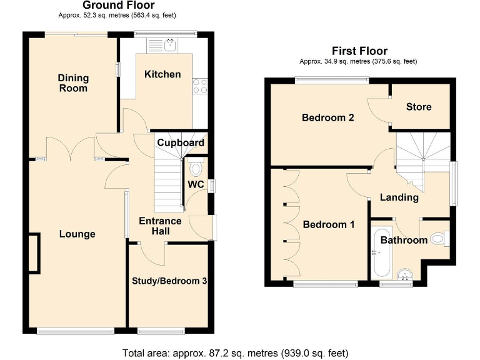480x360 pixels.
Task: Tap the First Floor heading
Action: pos(359,51)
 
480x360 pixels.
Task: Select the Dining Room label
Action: pos(73,83)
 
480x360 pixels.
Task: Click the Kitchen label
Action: pos(162,74)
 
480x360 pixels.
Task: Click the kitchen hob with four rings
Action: pos(201,86)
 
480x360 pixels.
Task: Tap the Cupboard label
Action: pos(180,142)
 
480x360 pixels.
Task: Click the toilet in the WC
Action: pos(196,167)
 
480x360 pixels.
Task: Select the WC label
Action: pos(197,184)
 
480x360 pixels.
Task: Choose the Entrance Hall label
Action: pos(160,226)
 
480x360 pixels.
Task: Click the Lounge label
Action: pos(77,234)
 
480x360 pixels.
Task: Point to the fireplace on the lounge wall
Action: pos(33,252)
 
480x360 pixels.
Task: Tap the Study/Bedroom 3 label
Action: pos(169,281)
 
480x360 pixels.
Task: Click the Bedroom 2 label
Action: pos(328,117)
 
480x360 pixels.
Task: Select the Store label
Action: pos(418,107)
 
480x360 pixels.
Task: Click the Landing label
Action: pos(399,197)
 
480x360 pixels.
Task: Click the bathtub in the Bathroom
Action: pos(380,253)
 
